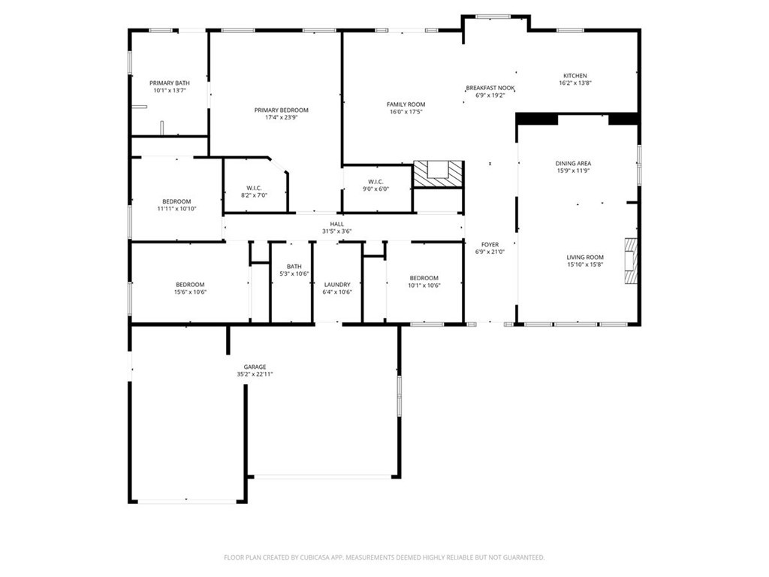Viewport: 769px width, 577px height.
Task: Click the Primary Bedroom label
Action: click(x=281, y=110)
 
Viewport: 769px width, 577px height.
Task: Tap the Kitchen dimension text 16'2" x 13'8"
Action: click(x=574, y=83)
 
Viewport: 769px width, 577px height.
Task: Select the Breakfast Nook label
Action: click(x=490, y=89)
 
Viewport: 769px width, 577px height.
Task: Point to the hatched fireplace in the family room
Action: click(x=438, y=174)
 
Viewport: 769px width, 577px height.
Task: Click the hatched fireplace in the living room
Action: click(x=630, y=261)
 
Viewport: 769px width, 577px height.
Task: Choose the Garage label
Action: click(x=255, y=367)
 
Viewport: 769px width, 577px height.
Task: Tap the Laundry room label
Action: click(x=337, y=285)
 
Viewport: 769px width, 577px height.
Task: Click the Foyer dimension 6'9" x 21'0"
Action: click(x=490, y=252)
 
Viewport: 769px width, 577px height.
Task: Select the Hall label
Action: click(x=337, y=224)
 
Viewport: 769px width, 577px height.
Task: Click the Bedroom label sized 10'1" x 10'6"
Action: click(x=424, y=278)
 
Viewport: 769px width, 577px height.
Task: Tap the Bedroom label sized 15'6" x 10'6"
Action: click(x=190, y=285)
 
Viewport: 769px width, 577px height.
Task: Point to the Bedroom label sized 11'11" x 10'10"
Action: click(x=176, y=201)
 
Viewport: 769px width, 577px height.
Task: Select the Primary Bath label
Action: click(x=170, y=83)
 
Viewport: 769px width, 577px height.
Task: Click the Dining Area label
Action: click(x=573, y=163)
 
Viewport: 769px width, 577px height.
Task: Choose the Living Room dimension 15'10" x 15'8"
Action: click(x=585, y=264)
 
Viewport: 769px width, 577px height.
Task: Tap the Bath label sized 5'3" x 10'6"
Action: click(x=294, y=267)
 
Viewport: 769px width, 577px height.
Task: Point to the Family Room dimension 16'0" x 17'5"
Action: click(x=406, y=111)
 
